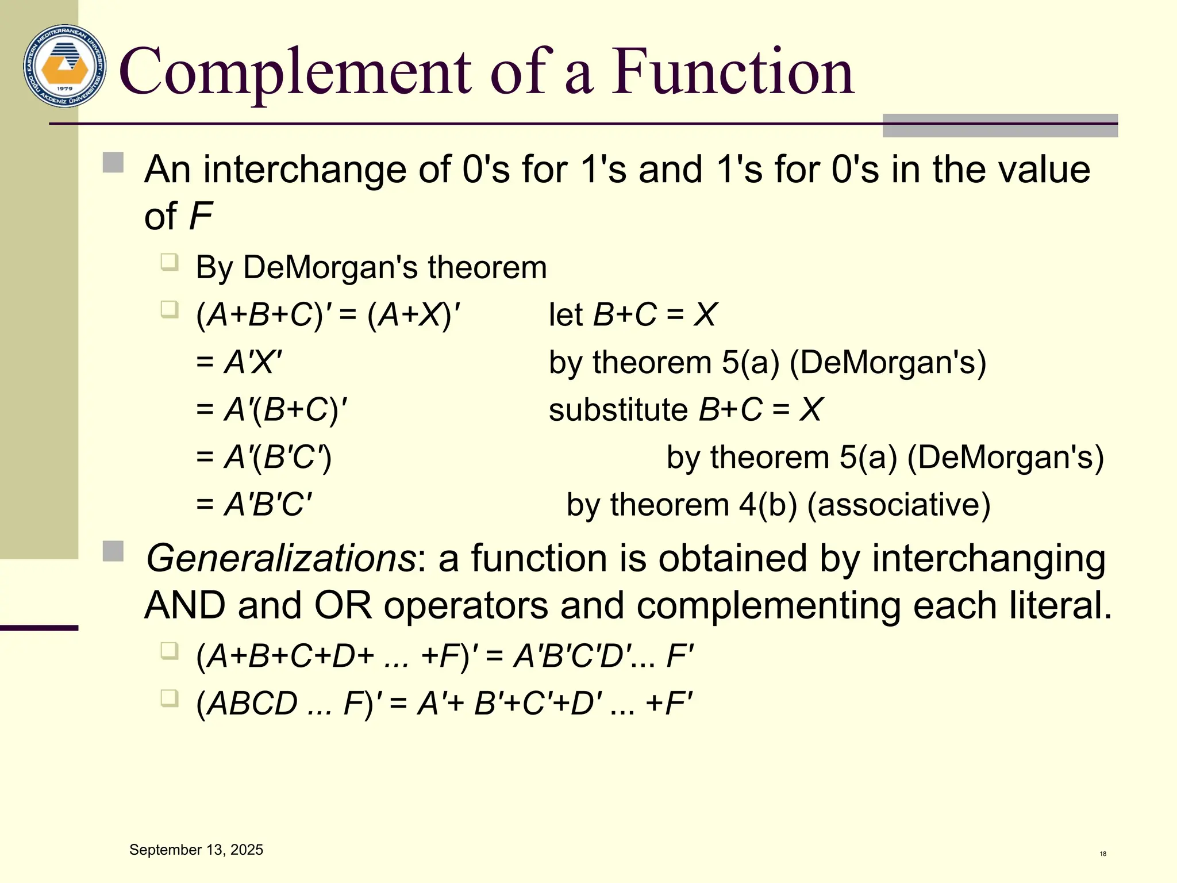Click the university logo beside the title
pyautogui.click(x=64, y=66)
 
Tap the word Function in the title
pyautogui.click(x=732, y=72)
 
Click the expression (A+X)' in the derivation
pyautogui.click(x=414, y=315)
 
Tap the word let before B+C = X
pyautogui.click(x=566, y=315)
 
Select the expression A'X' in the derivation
pyautogui.click(x=253, y=363)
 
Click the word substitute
pyautogui.click(x=618, y=410)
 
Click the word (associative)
pyautogui.click(x=899, y=505)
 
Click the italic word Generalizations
pyautogui.click(x=281, y=558)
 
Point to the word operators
pyautogui.click(x=466, y=605)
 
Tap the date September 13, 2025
pyautogui.click(x=196, y=850)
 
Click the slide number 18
pyautogui.click(x=1103, y=854)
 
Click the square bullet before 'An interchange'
pyautogui.click(x=113, y=163)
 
